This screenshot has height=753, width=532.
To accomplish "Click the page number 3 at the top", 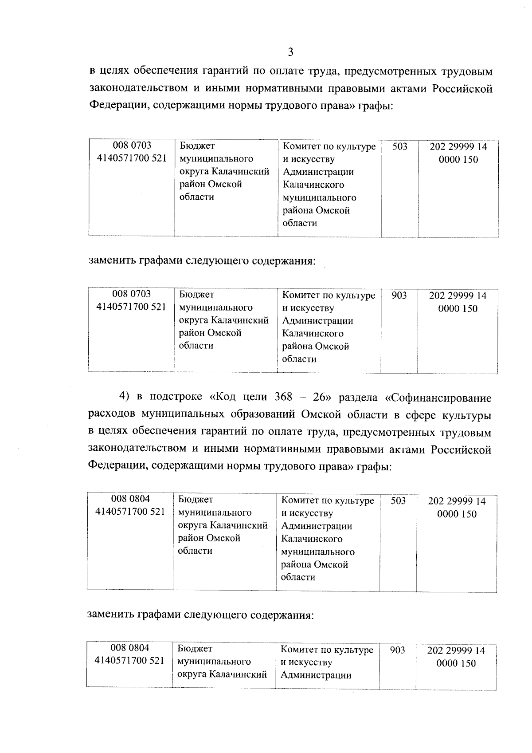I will click(x=290, y=53).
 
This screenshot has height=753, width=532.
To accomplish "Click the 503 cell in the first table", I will click(x=399, y=146).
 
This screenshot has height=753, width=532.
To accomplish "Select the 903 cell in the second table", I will click(x=399, y=295).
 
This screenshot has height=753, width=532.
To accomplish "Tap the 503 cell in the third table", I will click(x=398, y=501).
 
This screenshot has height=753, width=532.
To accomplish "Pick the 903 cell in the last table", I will click(x=397, y=650).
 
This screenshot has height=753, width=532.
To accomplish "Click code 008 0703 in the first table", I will click(x=132, y=146).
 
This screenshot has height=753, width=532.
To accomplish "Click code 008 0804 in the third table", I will click(x=130, y=499).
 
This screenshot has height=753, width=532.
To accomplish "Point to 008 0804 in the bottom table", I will click(x=130, y=648).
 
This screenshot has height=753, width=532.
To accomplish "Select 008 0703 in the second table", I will click(x=131, y=294).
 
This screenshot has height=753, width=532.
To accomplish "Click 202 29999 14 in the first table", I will click(x=458, y=147).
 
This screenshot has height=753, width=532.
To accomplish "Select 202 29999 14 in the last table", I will click(x=456, y=651).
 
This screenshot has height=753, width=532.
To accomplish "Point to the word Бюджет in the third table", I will click(x=195, y=500).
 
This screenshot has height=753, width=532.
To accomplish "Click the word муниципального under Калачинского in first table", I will click(x=319, y=197).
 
